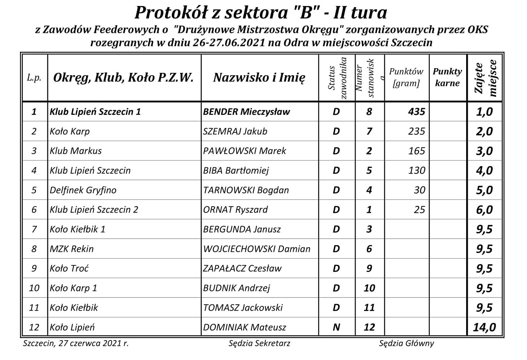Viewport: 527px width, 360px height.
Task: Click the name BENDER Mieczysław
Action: pyautogui.click(x=246, y=111)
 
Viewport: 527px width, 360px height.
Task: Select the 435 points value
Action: pyautogui.click(x=416, y=111)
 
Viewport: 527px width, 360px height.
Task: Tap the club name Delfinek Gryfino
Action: pyautogui.click(x=83, y=190)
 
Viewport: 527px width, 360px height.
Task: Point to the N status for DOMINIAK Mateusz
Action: pyautogui.click(x=336, y=327)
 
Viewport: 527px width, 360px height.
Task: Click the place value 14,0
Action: pyautogui.click(x=484, y=327)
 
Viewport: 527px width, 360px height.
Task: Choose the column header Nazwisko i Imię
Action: pyautogui.click(x=259, y=78)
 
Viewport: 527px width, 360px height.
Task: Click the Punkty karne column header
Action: pyautogui.click(x=447, y=77)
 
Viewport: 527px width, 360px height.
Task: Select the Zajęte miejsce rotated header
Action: pyautogui.click(x=485, y=78)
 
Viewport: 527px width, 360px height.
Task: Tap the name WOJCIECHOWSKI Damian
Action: pyautogui.click(x=257, y=249)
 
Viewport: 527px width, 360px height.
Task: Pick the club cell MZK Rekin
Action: pyautogui.click(x=72, y=249)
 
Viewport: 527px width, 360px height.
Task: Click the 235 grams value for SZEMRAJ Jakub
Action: pyautogui.click(x=416, y=131)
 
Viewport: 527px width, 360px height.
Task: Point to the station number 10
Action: pyautogui.click(x=369, y=288)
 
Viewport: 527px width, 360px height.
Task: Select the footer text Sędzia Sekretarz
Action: pyautogui.click(x=259, y=343)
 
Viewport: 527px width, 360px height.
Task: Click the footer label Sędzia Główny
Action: pyautogui.click(x=406, y=343)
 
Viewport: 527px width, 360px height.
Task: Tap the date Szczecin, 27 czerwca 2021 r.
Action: pyautogui.click(x=76, y=343)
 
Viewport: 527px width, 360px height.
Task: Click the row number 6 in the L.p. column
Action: pyautogui.click(x=34, y=210)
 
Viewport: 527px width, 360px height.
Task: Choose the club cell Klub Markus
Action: pyautogui.click(x=76, y=151)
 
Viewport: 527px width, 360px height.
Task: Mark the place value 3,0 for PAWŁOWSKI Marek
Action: pyautogui.click(x=484, y=151)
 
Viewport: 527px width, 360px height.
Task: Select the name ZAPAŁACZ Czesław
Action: pyautogui.click(x=242, y=268)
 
